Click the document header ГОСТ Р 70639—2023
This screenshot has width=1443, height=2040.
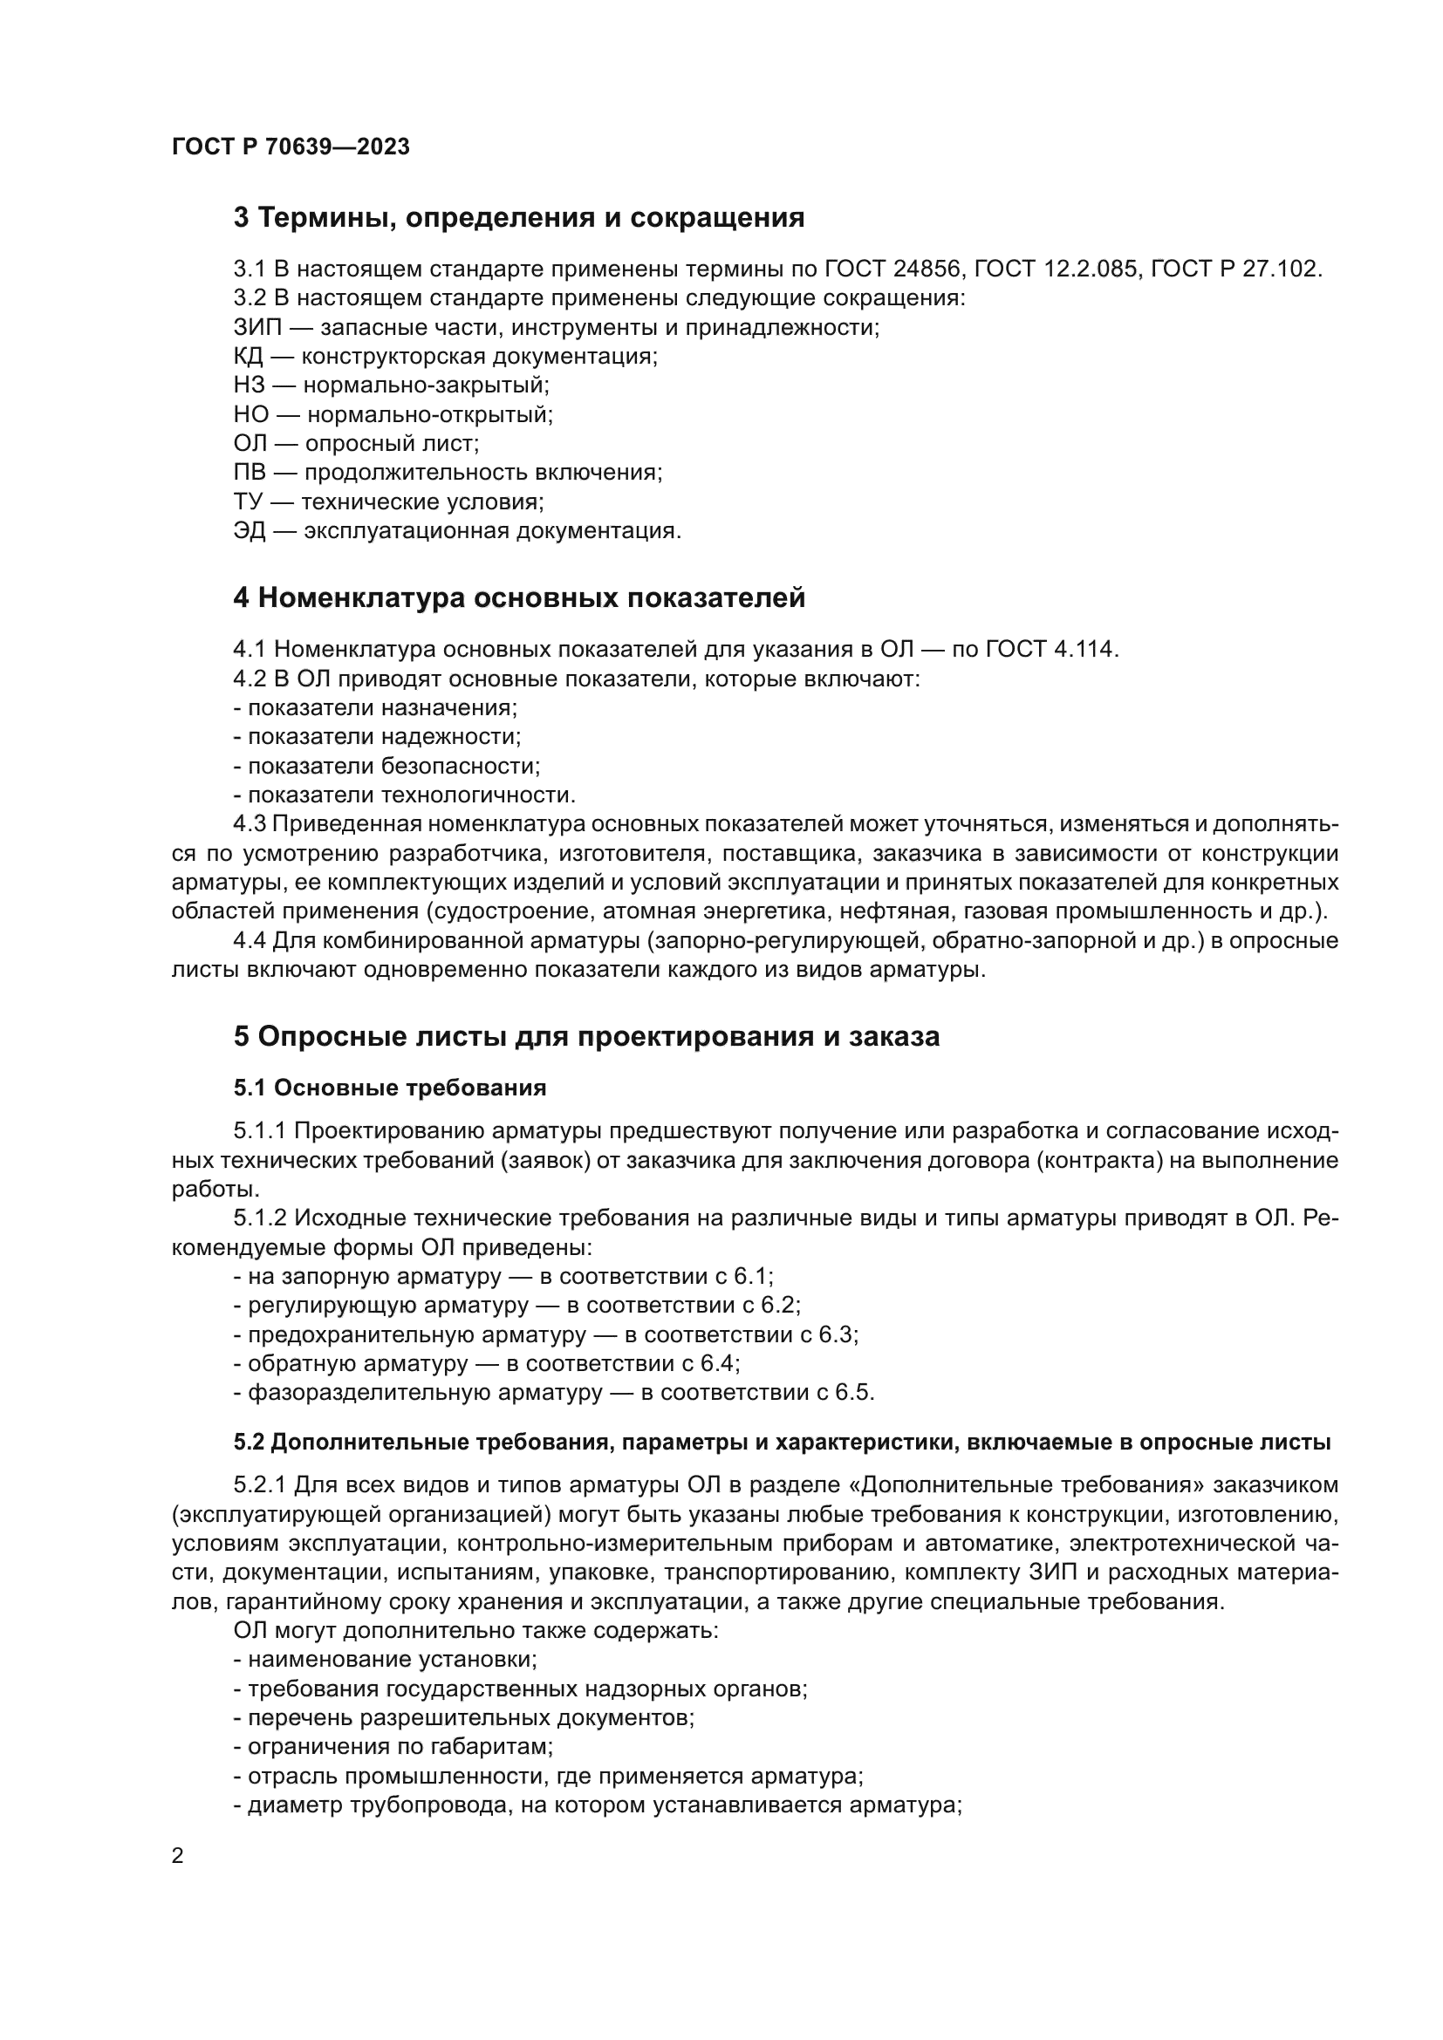291,147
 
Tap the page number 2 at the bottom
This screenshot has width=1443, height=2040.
178,1855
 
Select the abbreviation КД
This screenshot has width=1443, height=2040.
248,358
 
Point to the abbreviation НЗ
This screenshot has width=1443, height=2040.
249,385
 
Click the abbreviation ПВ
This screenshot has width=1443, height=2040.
250,473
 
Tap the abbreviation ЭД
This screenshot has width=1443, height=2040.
250,531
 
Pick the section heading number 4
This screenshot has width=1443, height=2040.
241,598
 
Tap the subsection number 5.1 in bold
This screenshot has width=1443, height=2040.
250,1088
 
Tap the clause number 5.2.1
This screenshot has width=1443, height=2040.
260,1485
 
